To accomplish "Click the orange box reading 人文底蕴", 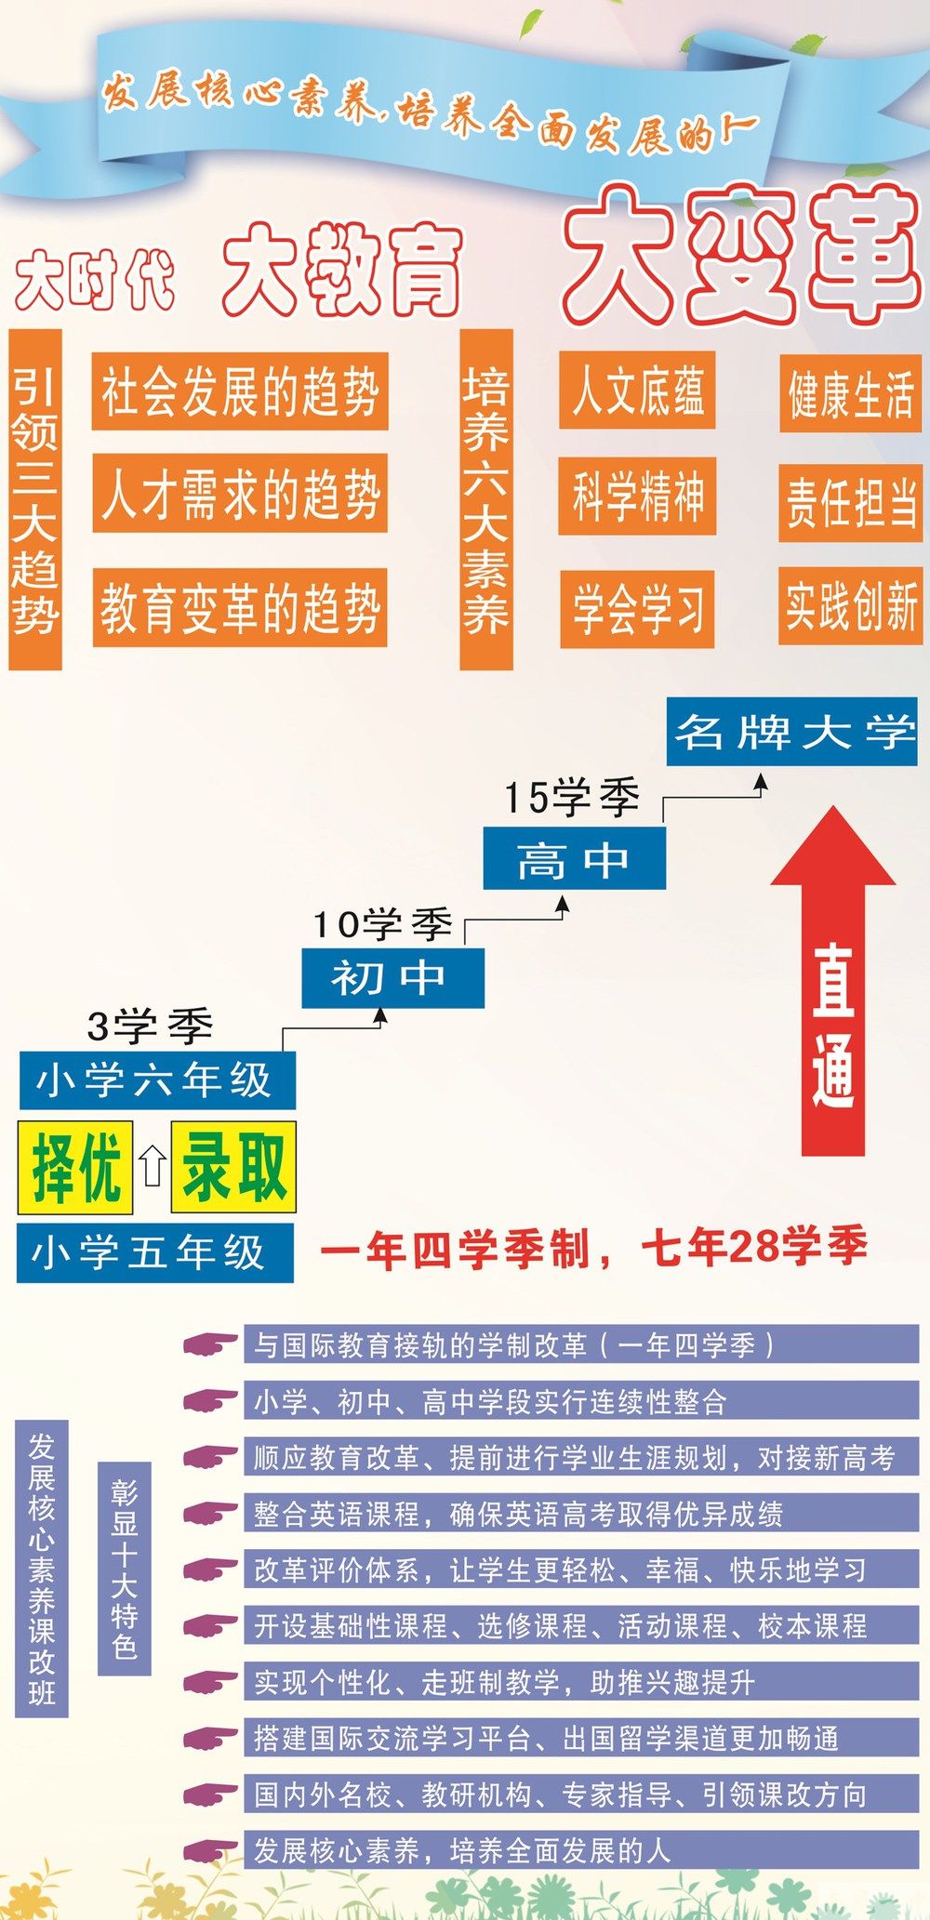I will click(x=637, y=391).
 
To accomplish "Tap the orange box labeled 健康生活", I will click(x=850, y=393).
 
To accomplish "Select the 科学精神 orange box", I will click(x=637, y=496).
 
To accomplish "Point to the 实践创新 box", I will click(x=850, y=605).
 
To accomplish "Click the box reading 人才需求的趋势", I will click(x=240, y=493).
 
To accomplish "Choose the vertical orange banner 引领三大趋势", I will click(x=35, y=499).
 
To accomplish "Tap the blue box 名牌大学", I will click(x=791, y=732).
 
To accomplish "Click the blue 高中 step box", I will click(x=574, y=858).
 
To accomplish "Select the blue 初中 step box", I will click(x=392, y=977).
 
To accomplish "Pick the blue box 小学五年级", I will click(x=154, y=1252).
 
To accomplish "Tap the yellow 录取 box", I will click(x=233, y=1167).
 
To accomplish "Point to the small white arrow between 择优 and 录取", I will click(x=153, y=1166).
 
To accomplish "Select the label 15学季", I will click(x=571, y=798).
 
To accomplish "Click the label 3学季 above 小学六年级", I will click(x=150, y=1026).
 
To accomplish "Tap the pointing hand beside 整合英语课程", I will click(x=210, y=1514).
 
